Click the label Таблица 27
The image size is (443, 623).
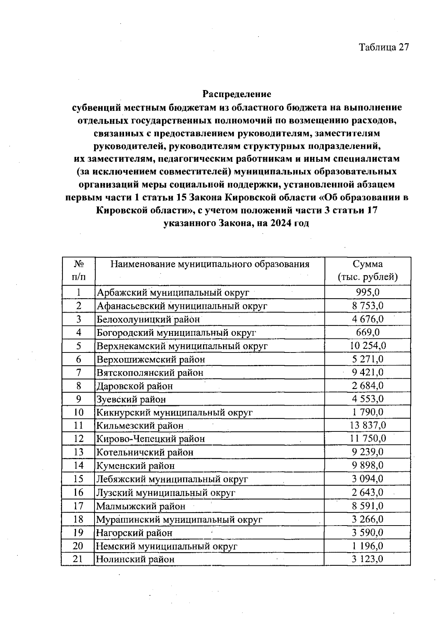(x=384, y=48)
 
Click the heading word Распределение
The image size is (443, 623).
(x=237, y=94)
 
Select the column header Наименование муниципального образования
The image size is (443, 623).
(x=210, y=264)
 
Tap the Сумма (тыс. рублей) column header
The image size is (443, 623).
(x=367, y=271)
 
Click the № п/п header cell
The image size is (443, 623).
(x=78, y=271)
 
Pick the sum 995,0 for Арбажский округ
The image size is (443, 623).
(x=368, y=292)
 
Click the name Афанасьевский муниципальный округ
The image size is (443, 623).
(x=182, y=306)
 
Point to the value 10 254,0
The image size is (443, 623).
(x=368, y=345)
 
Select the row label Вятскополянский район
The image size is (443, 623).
(x=150, y=372)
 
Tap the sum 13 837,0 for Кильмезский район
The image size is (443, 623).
(x=368, y=425)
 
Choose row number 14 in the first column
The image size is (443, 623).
(x=78, y=465)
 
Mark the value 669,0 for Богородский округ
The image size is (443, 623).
(x=368, y=332)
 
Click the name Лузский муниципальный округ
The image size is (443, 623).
(x=166, y=492)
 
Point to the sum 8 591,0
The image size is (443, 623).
(x=368, y=506)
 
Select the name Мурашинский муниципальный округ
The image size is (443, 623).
(x=179, y=519)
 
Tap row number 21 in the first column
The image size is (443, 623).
(x=78, y=559)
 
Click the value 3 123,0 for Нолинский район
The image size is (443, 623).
(x=368, y=559)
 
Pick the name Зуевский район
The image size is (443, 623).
(x=131, y=399)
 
